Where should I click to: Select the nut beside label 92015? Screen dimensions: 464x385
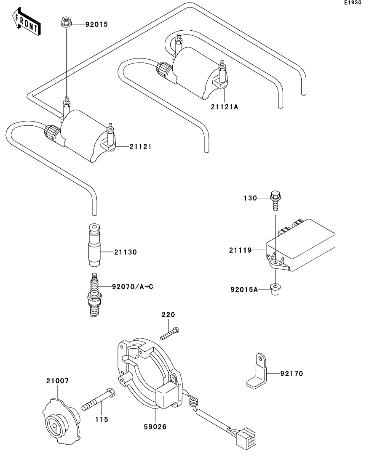tap(65, 22)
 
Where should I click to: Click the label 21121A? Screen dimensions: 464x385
tap(225, 107)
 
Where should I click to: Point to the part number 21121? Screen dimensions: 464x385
tap(140, 147)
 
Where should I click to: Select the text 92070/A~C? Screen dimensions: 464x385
tap(132, 287)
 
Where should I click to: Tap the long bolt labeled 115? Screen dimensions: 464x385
tap(99, 400)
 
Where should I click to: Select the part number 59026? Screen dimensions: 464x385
tap(155, 427)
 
